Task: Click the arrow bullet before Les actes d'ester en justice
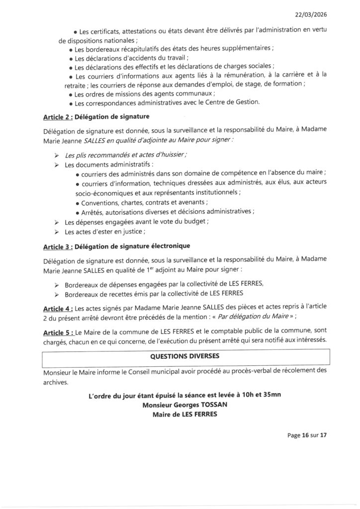click(x=57, y=232)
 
